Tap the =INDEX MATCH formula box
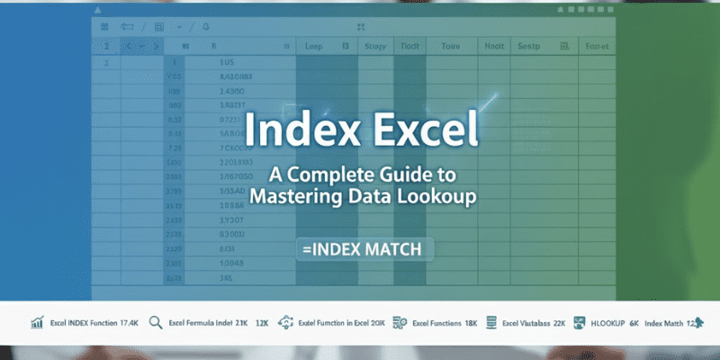click(364, 247)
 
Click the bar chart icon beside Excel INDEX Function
click(37, 322)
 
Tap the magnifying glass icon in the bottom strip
click(155, 322)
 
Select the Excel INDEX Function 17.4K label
click(96, 322)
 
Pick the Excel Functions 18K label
click(445, 322)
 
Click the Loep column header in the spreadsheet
click(314, 46)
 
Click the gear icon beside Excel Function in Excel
click(287, 322)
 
